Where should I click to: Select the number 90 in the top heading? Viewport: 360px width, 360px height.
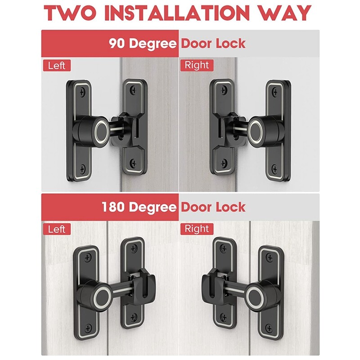(x=118, y=43)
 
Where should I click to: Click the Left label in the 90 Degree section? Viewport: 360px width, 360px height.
(x=57, y=66)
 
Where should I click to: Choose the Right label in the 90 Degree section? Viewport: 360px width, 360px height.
(x=197, y=65)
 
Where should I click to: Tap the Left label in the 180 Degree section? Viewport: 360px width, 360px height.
(x=57, y=229)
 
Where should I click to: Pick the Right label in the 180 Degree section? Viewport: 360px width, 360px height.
(x=197, y=229)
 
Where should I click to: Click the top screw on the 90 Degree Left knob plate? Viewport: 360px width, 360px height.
(x=81, y=93)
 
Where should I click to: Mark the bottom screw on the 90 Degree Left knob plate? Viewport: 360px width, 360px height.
(x=82, y=170)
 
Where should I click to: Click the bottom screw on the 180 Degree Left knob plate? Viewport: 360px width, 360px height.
(x=88, y=328)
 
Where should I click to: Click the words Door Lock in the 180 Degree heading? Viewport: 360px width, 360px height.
(x=213, y=207)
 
